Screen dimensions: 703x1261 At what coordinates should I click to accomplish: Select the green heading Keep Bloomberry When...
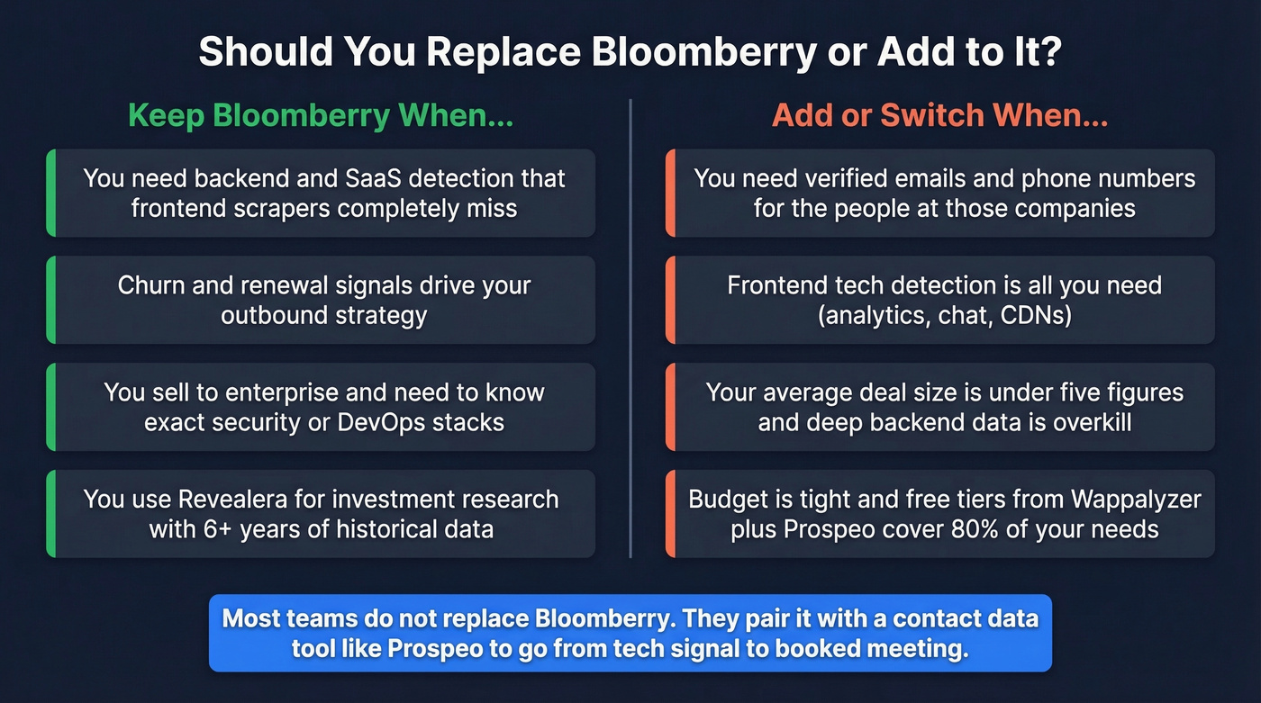(321, 116)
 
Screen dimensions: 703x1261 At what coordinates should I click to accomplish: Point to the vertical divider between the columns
(630, 329)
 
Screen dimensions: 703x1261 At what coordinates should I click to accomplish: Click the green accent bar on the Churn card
(51, 300)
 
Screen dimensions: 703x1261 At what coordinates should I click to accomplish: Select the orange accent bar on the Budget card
(670, 513)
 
